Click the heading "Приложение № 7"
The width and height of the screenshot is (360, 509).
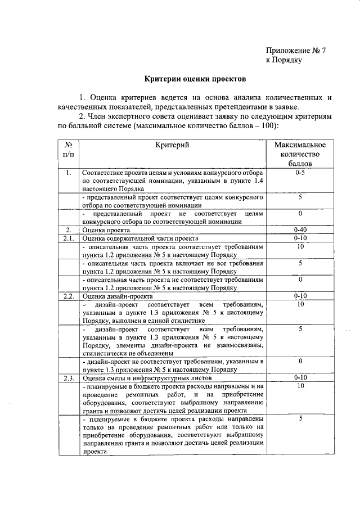[x=296, y=50]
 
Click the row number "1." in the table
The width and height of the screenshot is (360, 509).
[x=67, y=173]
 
